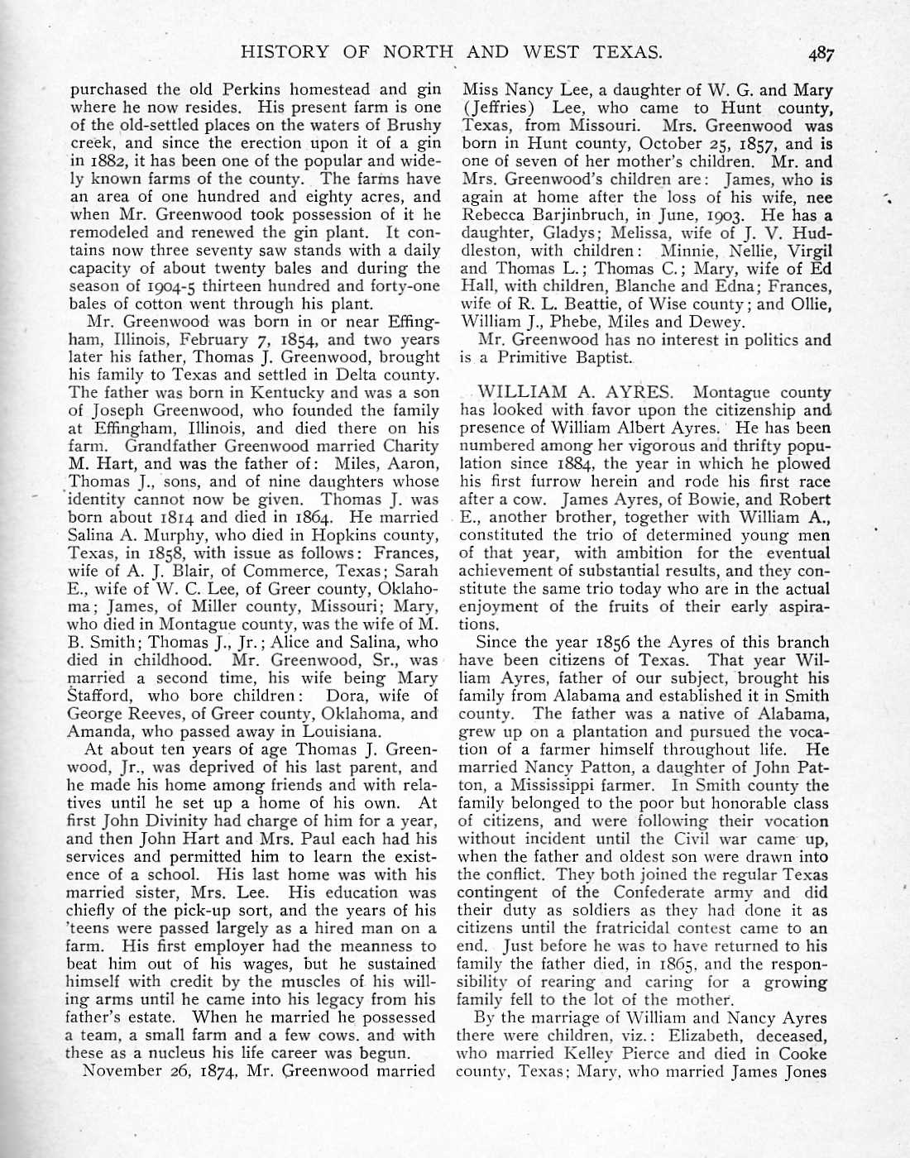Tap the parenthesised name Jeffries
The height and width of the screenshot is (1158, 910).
coord(500,108)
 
